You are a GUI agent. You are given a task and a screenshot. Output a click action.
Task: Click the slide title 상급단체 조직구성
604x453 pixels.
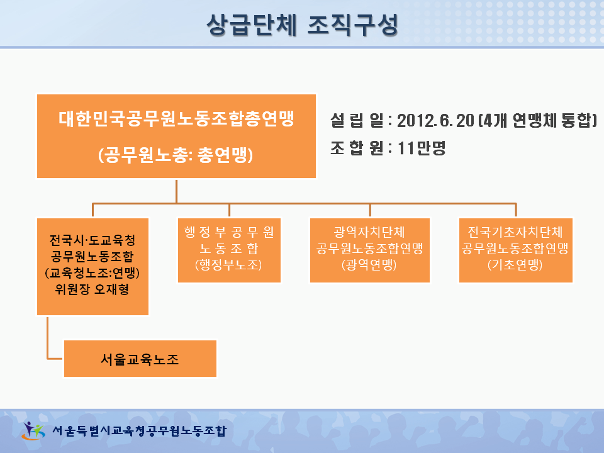tap(303, 25)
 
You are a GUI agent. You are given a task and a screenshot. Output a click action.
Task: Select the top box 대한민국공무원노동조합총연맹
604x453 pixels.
tap(176, 136)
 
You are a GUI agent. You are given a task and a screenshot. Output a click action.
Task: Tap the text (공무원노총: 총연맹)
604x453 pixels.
tap(176, 155)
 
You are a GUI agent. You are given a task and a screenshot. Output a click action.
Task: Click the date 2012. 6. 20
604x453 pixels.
tap(435, 121)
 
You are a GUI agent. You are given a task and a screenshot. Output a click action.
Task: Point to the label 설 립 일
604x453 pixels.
tap(357, 121)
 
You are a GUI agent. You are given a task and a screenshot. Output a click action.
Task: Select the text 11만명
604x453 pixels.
tap(422, 148)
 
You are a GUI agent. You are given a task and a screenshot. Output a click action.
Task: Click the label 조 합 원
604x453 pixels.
tap(357, 148)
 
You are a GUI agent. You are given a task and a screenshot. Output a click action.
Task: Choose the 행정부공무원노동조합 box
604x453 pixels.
tap(229, 250)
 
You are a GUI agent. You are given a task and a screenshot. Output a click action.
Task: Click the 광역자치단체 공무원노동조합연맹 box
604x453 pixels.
tap(370, 250)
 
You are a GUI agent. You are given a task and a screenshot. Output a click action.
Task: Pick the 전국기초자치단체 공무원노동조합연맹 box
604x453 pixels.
tap(516, 250)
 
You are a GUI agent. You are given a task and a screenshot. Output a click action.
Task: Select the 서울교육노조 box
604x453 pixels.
tap(140, 358)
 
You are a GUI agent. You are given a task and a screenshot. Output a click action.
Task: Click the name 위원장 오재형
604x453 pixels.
tap(92, 289)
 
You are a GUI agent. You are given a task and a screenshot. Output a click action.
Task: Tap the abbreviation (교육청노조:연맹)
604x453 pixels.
tap(92, 272)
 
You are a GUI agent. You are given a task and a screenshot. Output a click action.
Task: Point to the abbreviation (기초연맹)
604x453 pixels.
tap(515, 265)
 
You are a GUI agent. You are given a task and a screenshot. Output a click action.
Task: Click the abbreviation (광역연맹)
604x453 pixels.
tap(369, 265)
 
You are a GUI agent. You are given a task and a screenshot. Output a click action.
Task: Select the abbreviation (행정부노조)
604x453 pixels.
tap(228, 265)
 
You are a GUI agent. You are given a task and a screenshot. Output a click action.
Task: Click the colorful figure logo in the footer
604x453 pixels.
tap(33, 430)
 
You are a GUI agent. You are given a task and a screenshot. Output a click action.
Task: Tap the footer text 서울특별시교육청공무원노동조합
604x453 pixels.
tap(140, 430)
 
